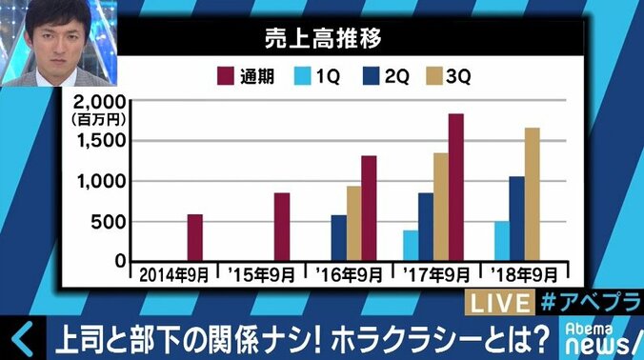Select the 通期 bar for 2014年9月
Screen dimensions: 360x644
[194, 237]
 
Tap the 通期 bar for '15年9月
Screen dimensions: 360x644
[282, 227]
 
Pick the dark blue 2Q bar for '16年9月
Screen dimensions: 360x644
[339, 237]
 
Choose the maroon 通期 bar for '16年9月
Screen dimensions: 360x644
[369, 208]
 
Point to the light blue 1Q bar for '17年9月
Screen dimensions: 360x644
[411, 245]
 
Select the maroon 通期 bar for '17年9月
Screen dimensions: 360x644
[456, 187]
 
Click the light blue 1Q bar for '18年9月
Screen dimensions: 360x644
[501, 241]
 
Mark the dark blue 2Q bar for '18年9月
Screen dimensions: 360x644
[516, 218]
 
